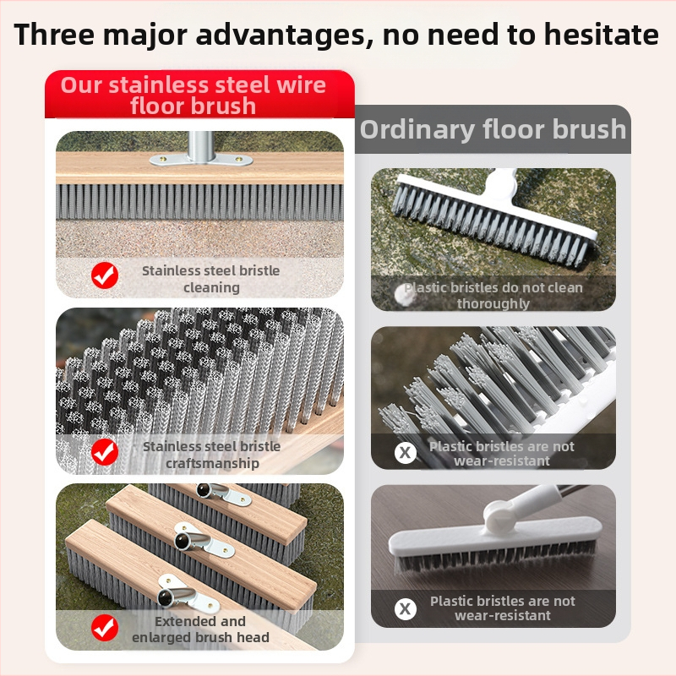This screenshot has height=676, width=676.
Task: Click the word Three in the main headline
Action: click(54, 35)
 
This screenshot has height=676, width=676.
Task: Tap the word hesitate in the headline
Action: click(602, 35)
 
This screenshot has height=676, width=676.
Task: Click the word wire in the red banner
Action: click(302, 85)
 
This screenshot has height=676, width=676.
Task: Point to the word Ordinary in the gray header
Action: click(417, 130)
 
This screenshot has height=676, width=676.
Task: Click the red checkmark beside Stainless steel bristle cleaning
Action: click(105, 275)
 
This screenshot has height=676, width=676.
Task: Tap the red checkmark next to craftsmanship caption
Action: click(105, 452)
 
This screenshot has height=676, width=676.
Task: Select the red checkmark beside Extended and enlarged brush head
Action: click(105, 628)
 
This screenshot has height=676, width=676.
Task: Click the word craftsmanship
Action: click(213, 463)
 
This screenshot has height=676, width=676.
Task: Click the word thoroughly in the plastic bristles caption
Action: click(493, 304)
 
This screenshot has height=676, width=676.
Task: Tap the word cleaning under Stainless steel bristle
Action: click(212, 287)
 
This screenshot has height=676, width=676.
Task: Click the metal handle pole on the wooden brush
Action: click(201, 146)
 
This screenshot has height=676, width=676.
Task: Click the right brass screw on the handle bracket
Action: click(238, 160)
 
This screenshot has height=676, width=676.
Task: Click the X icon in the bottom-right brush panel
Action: click(406, 608)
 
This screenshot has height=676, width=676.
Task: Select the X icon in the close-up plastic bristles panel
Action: click(406, 453)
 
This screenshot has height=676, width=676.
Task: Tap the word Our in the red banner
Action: click(81, 85)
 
